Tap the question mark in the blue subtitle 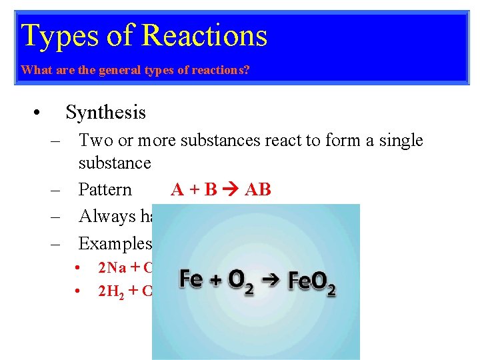pos(247,69)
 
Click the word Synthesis pos(105,112)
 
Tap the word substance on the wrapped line pos(115,163)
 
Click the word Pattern pos(105,190)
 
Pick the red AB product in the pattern pos(258,190)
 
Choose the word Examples pos(113,243)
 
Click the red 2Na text pos(113,268)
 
